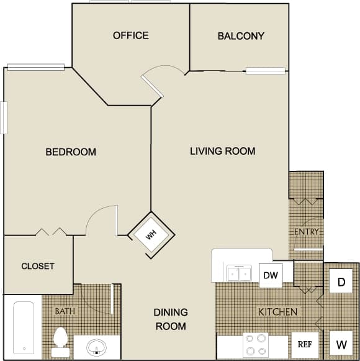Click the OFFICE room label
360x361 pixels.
pos(130,35)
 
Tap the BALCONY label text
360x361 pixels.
pos(241,36)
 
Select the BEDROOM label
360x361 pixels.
pos(71,152)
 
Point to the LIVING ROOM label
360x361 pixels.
pos(222,151)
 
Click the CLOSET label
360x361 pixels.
pos(38,266)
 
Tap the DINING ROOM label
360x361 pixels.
pos(171,319)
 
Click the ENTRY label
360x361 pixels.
pos(307,232)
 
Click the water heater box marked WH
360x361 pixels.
pos(151,235)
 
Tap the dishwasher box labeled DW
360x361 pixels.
pos(270,275)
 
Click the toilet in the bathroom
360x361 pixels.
pos(60,340)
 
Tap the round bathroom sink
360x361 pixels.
pos(96,346)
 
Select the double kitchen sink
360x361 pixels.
pos(238,272)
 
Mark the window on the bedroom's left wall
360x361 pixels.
pos(4,117)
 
